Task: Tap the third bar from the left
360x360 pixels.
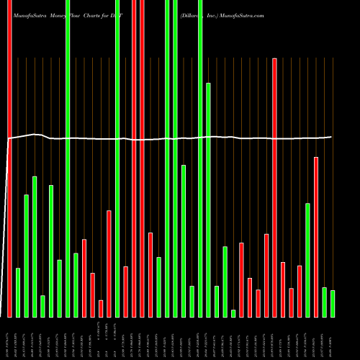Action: (27, 256)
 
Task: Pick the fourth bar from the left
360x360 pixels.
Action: (35, 246)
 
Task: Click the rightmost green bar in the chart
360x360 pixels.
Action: (333, 303)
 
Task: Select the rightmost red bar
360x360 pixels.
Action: (316, 237)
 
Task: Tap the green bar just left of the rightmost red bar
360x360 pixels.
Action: (307, 260)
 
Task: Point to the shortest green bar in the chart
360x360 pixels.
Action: (233, 313)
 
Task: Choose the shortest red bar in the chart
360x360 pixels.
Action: (101, 308)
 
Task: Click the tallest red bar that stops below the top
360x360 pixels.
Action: (274, 187)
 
